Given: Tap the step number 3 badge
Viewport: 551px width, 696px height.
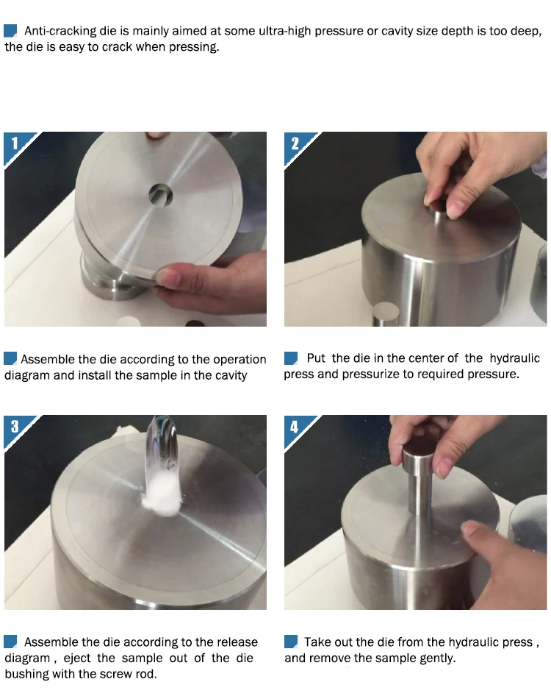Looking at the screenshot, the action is coord(15,426).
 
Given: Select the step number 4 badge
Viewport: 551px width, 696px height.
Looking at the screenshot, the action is coord(295,426).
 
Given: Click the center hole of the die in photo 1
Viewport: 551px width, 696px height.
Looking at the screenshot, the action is coord(160,194).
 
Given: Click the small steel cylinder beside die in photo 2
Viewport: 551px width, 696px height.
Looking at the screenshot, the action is coord(386,314).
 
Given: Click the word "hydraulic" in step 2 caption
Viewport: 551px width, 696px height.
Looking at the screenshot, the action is coord(515,358).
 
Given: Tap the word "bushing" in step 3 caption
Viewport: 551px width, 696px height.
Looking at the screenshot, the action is coord(26,674).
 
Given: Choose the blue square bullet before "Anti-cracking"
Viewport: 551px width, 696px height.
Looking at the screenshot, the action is coord(10,31).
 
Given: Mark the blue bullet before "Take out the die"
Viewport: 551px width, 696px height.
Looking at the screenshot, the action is coord(291,642).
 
